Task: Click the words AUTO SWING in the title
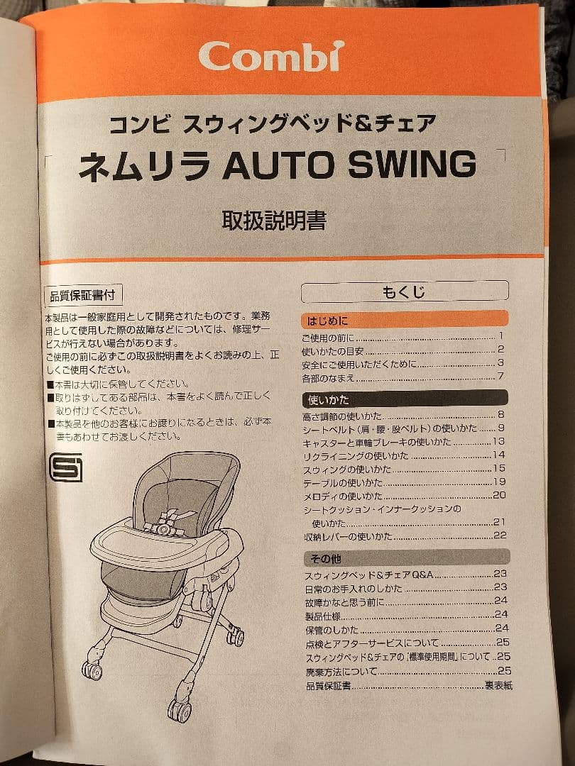coord(349,165)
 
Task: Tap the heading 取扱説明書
coord(274,221)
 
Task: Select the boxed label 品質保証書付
coord(82,294)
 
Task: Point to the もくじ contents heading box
coord(405,291)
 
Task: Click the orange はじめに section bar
coord(405,319)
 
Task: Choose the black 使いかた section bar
coord(405,399)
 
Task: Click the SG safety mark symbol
coord(65,467)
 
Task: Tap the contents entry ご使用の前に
coord(328,337)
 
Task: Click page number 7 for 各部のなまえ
coord(500,376)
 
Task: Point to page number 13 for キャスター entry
coord(499,441)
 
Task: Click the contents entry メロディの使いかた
coord(343,495)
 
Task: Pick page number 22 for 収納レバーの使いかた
coord(500,535)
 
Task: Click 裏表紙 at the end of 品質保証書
coord(498,685)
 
